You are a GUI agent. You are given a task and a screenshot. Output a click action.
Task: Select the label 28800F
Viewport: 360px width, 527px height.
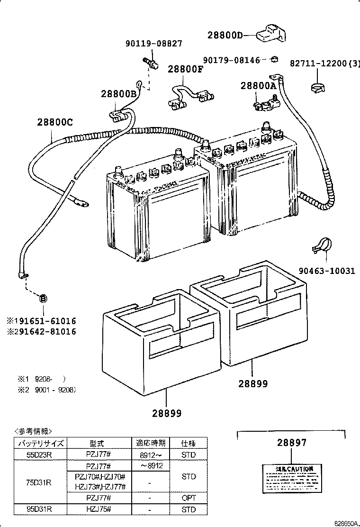point(185,69)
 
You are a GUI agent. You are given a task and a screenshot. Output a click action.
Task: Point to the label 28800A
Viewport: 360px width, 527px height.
point(258,86)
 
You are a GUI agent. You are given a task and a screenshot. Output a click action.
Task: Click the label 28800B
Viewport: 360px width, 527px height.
point(118,94)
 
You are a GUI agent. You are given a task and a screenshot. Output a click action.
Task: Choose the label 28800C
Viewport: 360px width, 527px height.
point(55,122)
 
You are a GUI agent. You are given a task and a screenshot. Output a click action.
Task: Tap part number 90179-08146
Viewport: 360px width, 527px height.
point(232,60)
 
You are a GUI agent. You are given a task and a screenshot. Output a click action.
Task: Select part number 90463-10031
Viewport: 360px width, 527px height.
point(326,271)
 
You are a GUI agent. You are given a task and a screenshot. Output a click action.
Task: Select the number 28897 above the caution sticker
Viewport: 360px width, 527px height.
point(292,443)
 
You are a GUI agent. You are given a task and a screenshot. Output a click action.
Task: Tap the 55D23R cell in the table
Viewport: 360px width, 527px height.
point(40,455)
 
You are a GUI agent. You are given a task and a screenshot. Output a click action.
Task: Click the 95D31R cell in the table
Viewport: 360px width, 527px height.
point(40,509)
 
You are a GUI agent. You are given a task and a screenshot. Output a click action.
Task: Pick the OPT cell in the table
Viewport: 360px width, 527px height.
point(189,499)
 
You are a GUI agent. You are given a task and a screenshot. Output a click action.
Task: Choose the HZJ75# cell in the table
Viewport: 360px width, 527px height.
point(99,509)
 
